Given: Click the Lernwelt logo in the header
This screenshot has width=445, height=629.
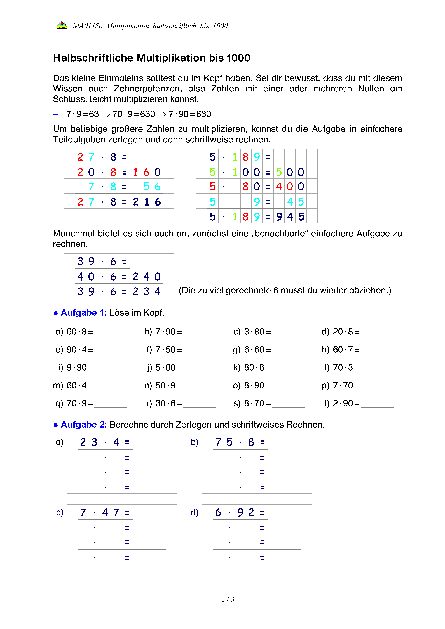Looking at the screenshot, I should click(62, 25).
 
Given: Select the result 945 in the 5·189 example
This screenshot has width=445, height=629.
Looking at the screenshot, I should click(290, 217).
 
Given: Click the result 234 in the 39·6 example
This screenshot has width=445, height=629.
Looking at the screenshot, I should click(147, 291).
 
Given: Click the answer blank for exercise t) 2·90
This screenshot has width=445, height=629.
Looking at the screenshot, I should click(377, 404).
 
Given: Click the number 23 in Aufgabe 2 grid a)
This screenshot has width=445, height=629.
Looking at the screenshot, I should click(89, 442).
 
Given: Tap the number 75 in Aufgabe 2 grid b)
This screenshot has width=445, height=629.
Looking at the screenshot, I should click(224, 442).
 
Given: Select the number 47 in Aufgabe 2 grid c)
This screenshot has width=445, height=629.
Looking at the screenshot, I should click(111, 512).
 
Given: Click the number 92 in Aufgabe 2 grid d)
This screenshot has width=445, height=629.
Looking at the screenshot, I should click(246, 512).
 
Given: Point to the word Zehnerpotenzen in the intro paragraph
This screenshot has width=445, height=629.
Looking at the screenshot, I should click(148, 88).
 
